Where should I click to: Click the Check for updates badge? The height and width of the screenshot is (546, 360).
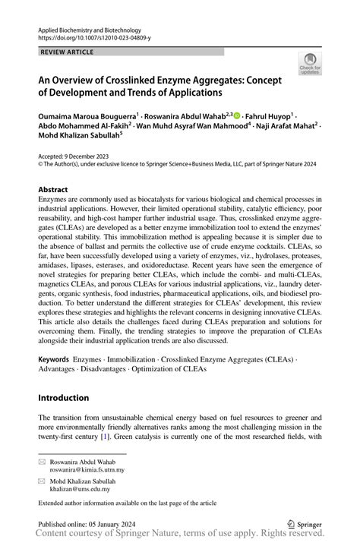[311, 63]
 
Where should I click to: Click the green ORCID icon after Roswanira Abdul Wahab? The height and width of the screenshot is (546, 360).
[237, 116]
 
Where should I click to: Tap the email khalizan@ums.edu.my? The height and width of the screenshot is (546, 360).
[80, 491]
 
